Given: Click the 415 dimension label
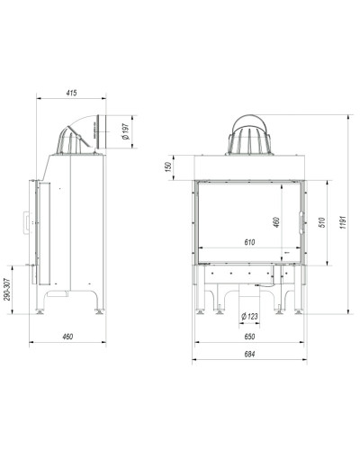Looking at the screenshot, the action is coord(71,93).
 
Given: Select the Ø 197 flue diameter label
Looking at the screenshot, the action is coord(126,131).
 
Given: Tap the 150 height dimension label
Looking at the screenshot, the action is coord(168,166).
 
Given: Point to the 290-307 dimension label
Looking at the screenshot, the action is coord(7,290).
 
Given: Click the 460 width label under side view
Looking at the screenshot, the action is coord(67,337).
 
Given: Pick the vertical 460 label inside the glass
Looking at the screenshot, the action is coord(276,222).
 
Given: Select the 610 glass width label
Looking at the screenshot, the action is coord(249,242).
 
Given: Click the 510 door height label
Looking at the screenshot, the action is coord(322,222).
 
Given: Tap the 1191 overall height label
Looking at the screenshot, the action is coord(344,222).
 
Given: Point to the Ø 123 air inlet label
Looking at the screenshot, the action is coord(249,316).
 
